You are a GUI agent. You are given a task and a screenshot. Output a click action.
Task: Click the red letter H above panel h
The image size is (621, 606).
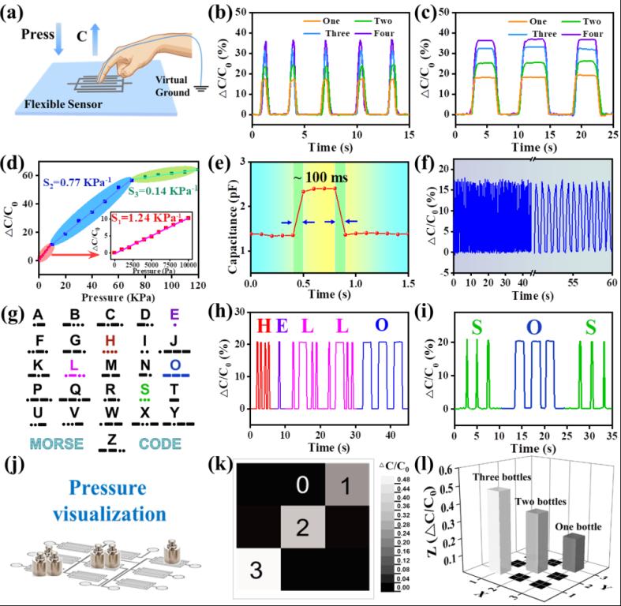tap(264, 324)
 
